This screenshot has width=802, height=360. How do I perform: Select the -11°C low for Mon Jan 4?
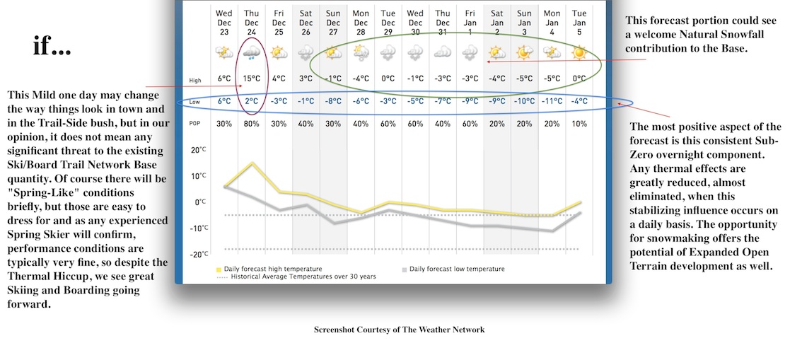point(552,101)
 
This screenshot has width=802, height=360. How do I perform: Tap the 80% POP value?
point(251,124)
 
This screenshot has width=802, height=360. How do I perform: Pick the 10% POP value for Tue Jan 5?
point(579,124)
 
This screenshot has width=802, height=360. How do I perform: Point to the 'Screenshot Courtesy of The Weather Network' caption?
point(399,330)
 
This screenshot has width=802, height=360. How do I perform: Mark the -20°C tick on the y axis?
point(199,254)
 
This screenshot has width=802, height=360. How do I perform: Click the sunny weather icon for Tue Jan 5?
point(579,52)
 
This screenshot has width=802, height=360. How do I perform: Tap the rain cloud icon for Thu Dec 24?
point(251,52)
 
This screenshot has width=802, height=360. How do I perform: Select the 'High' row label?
point(195,79)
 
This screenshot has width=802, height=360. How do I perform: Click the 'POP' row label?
point(195,124)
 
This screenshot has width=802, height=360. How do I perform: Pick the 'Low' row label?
point(195,102)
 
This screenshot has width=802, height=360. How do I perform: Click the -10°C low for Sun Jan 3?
point(524,101)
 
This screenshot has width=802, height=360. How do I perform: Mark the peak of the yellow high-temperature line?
point(251,163)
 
